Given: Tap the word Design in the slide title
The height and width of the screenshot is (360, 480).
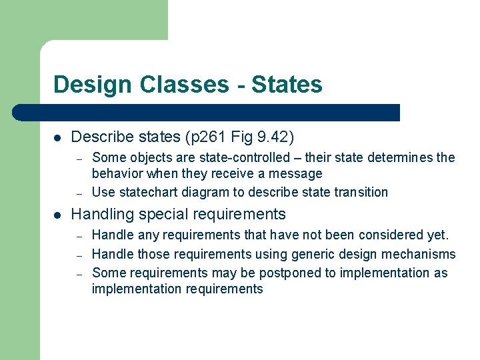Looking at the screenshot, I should (x=93, y=85).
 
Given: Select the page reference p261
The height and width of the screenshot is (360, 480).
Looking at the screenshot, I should (x=203, y=137).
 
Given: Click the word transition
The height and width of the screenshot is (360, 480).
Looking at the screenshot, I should (x=360, y=192).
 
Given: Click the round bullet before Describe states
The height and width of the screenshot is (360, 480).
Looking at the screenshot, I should (x=58, y=138).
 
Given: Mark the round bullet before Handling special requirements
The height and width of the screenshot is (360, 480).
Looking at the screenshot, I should (x=58, y=215).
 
